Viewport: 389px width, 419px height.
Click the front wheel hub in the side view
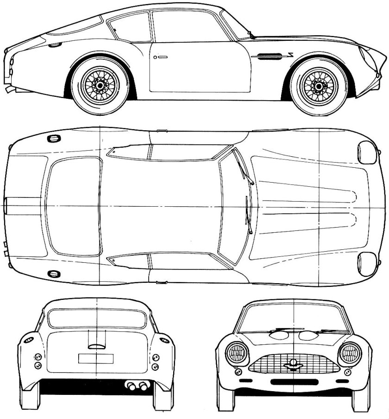tap(318, 85)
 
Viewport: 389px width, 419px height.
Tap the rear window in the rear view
tap(97, 319)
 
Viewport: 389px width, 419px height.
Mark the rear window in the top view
tap(74, 206)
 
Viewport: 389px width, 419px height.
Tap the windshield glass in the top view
tap(234, 206)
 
